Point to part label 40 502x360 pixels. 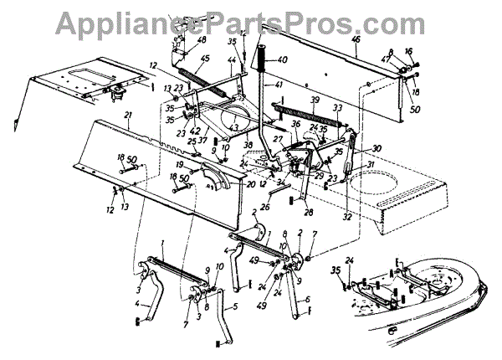click(282, 60)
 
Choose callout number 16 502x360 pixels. click(409, 51)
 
